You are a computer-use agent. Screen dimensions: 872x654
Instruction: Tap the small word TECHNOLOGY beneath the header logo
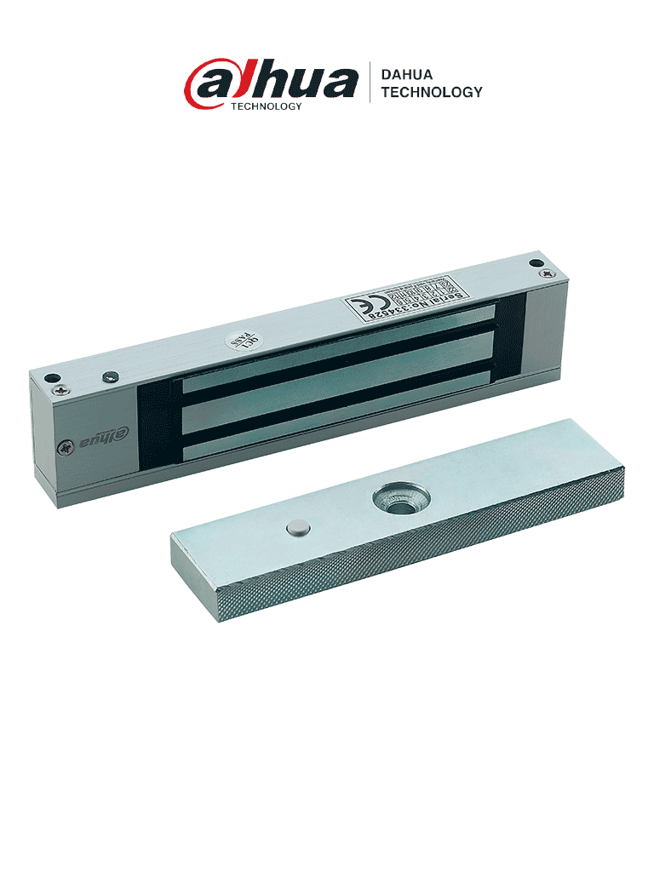point(267,106)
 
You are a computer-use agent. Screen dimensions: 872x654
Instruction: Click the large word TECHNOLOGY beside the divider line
point(432,92)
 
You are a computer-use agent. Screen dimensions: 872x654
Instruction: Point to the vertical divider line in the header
point(370,82)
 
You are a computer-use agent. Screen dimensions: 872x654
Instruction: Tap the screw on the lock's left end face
point(64,446)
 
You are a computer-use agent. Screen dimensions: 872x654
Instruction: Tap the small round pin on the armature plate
point(296,529)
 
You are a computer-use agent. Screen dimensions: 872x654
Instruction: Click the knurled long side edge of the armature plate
point(426,562)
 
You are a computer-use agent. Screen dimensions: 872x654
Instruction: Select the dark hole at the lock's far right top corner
point(535,264)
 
